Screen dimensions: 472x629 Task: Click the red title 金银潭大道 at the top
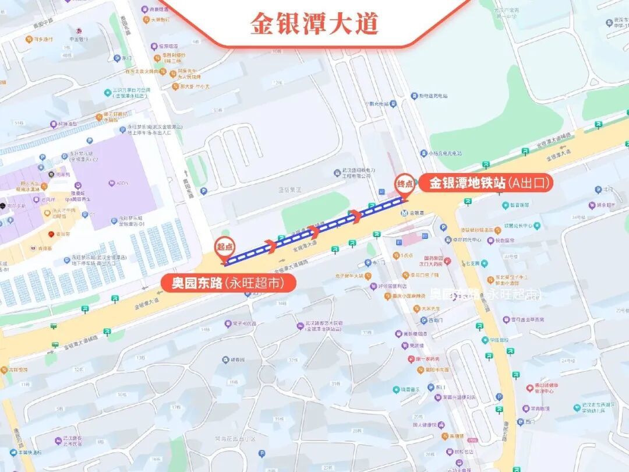314,23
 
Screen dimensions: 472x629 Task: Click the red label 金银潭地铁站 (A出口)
489,184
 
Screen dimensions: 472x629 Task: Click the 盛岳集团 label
289,189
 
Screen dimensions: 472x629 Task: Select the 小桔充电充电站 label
445,153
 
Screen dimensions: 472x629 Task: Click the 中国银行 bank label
78,39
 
